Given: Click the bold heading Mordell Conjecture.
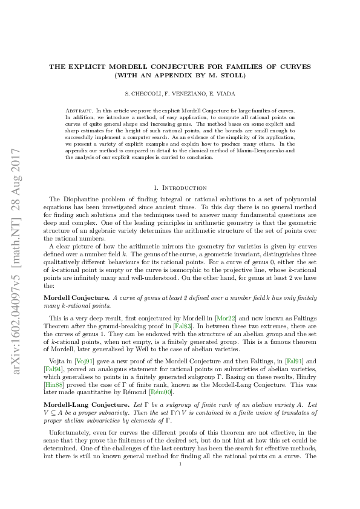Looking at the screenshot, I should point(76,297).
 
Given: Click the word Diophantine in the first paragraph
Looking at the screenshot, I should point(74,199).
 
